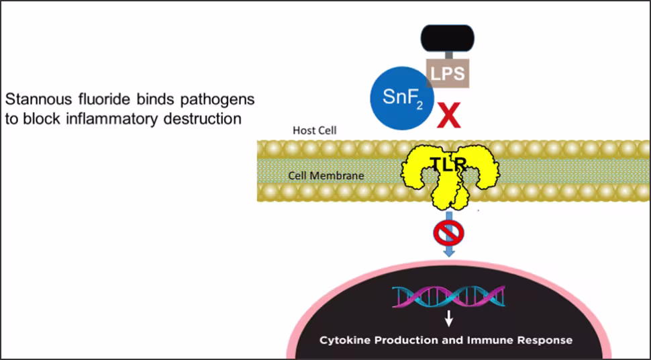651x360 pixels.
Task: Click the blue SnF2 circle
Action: (401, 97)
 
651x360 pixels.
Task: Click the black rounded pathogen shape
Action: (448, 38)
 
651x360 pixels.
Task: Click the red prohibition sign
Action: (449, 232)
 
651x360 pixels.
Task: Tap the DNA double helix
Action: (449, 296)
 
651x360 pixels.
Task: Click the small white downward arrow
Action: (449, 318)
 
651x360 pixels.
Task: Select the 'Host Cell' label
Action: (314, 130)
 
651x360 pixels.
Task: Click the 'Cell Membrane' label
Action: (326, 175)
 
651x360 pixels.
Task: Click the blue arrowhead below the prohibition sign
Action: (449, 252)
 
